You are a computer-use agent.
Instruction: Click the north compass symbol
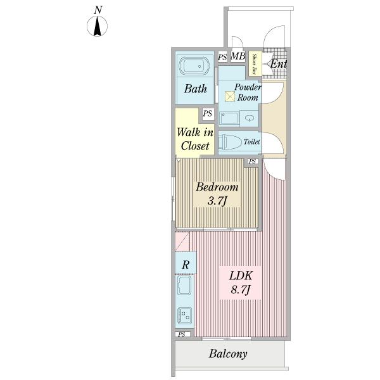(97, 26)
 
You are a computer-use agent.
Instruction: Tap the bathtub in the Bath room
(194, 66)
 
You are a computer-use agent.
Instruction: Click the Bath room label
(195, 89)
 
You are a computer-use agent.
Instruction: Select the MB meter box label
(237, 56)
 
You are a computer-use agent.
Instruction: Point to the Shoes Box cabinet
(255, 64)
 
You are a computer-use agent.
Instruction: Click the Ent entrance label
(278, 64)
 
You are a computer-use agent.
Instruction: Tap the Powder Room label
(248, 92)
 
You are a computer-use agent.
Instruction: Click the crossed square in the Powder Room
(230, 96)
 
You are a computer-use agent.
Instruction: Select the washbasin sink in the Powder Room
(249, 118)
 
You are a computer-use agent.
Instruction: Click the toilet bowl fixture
(231, 142)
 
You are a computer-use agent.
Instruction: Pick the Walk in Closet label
(195, 139)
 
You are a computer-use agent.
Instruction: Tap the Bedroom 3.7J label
(217, 194)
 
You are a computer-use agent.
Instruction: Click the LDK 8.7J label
(241, 282)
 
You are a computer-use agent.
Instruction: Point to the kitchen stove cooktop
(185, 315)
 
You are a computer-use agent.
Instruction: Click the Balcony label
(228, 354)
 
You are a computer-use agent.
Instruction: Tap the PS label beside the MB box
(222, 57)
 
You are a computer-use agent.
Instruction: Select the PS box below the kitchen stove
(182, 334)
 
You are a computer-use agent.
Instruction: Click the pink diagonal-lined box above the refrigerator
(182, 242)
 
